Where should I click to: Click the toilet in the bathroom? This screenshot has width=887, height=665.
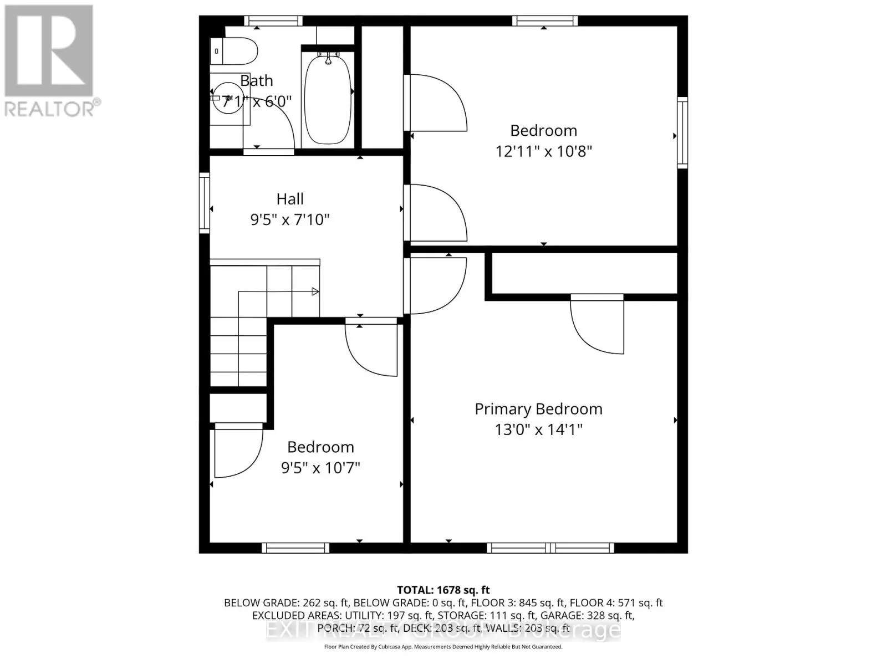coord(235,52)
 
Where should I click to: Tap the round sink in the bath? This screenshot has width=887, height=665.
coord(227,98)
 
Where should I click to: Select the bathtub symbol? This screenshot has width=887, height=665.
coord(328,98)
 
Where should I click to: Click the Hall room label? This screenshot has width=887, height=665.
coord(290,199)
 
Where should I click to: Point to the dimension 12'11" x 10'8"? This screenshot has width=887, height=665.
coord(543,151)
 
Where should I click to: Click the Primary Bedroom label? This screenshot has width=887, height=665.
coord(538,409)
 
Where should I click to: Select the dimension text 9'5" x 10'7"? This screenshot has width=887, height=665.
coord(320,468)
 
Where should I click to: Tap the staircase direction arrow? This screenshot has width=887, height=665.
coord(315,291)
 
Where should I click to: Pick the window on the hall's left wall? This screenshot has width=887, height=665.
coord(205,202)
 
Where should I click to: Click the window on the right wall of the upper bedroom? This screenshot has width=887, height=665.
coord(682,133)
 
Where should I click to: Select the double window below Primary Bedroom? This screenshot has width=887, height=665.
coord(550,548)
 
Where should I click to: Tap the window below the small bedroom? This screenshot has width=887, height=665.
coord(295,548)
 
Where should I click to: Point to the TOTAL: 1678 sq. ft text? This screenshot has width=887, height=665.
coord(443,590)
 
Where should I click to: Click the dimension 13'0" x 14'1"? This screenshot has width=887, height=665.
coord(538,429)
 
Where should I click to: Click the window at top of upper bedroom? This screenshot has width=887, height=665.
coord(544,21)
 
